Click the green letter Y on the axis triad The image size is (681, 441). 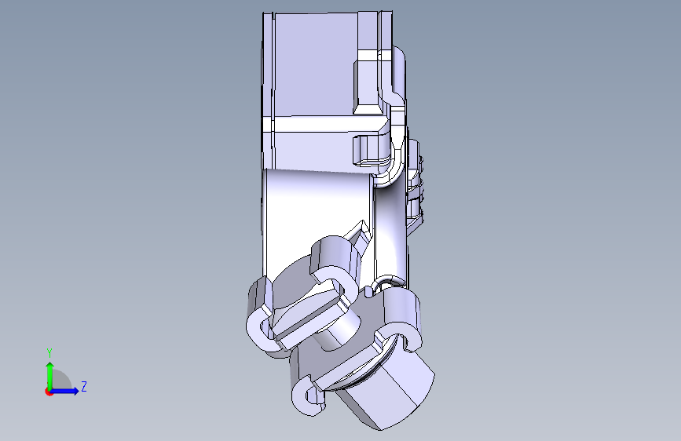49,352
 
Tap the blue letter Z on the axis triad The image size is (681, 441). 84,386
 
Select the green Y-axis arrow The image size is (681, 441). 50,376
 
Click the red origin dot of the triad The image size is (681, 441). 49,392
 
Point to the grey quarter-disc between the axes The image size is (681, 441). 60,380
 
